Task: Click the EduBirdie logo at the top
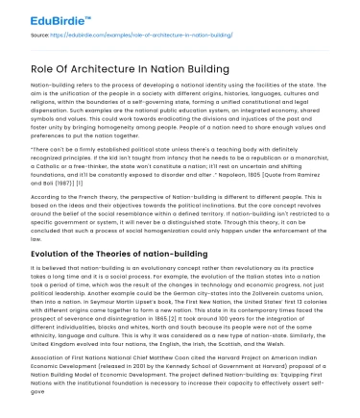(38, 13)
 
